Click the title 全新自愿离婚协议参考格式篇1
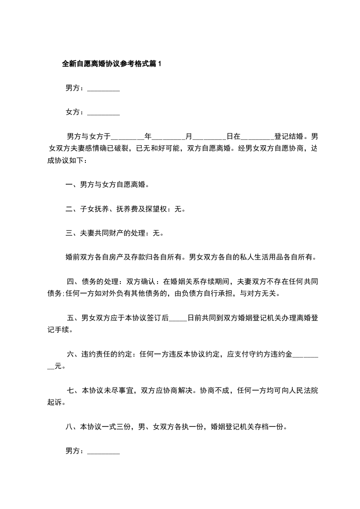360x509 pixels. click(x=111, y=64)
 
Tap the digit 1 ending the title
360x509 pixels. click(x=159, y=64)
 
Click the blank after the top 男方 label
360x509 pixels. click(x=103, y=89)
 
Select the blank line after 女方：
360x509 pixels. click(x=103, y=113)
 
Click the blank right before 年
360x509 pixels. click(x=127, y=137)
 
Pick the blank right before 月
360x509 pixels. click(x=168, y=137)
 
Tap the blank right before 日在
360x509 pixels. click(x=209, y=137)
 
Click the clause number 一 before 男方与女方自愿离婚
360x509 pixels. click(x=69, y=185)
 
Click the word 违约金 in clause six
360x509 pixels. click(x=281, y=355)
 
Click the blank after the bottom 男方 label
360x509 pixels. click(x=103, y=451)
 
